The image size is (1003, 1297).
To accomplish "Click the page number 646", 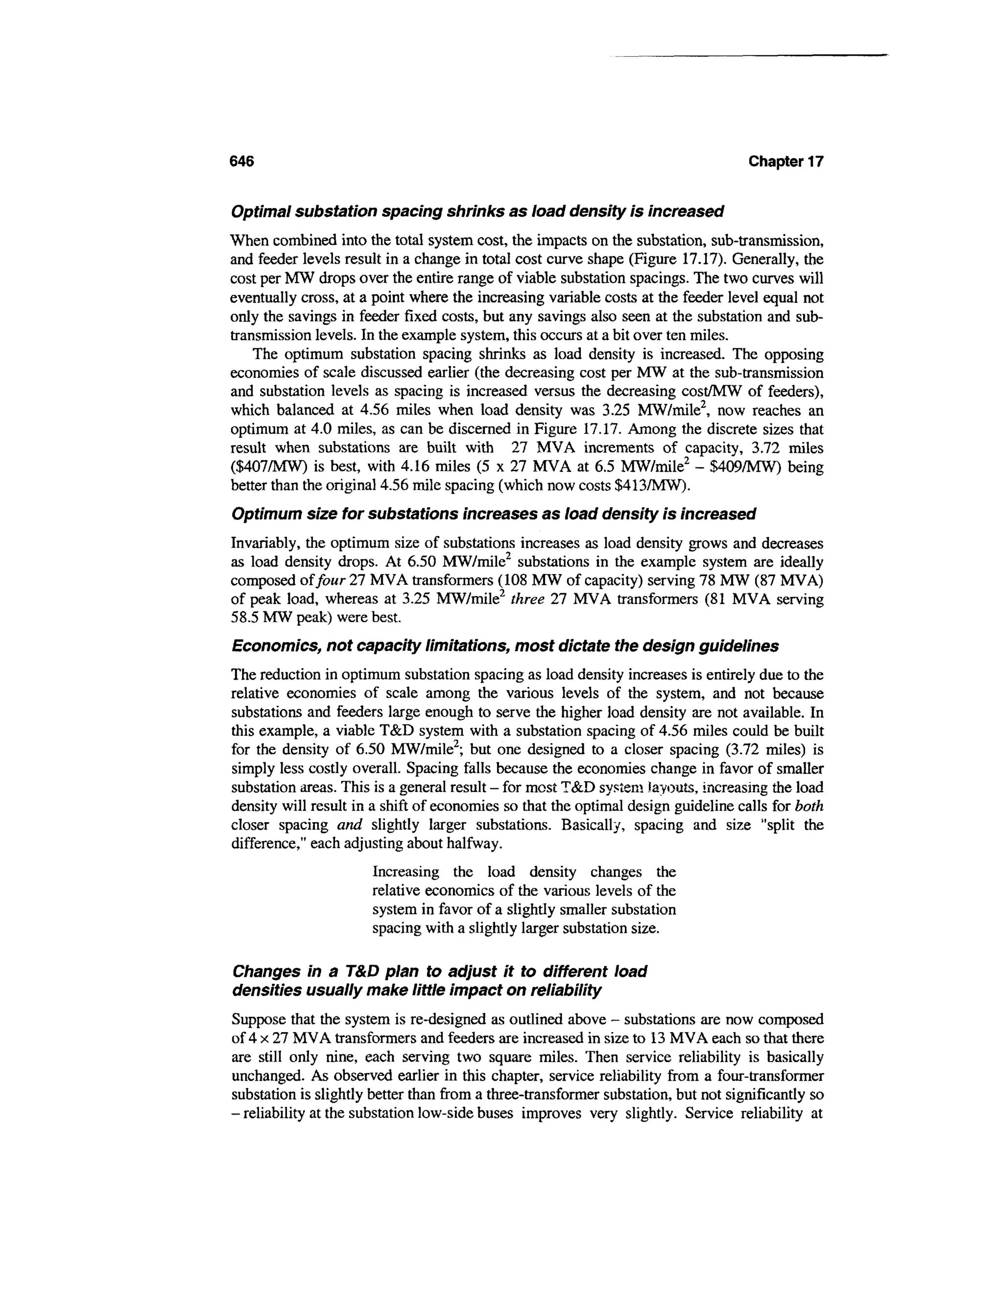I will (x=242, y=162).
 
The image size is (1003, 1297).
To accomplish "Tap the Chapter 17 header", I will (x=786, y=162).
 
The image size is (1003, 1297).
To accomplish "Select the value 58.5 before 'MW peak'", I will (x=244, y=618).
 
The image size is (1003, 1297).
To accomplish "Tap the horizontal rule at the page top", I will (x=749, y=56).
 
